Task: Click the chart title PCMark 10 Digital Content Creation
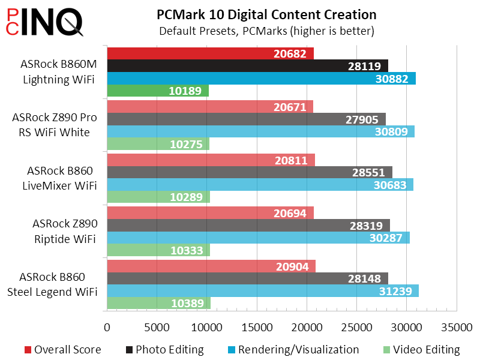click(266, 14)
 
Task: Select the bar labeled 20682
click(210, 53)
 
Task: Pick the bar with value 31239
click(262, 291)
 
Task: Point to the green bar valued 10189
click(158, 91)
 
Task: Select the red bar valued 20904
click(211, 266)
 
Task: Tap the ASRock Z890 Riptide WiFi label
click(65, 230)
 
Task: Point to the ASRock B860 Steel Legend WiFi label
click(58, 284)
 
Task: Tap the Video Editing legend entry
click(421, 349)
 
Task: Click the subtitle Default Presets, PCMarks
click(266, 30)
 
